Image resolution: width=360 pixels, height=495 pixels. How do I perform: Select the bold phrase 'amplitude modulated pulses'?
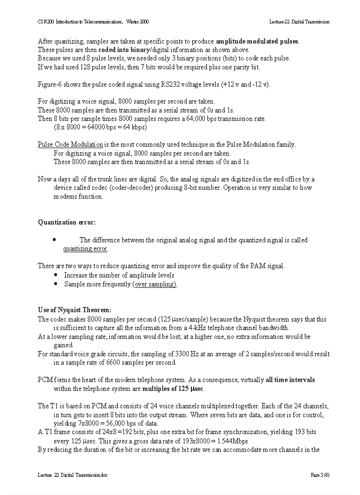257,41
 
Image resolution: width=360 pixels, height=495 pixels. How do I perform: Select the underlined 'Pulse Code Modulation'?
71,145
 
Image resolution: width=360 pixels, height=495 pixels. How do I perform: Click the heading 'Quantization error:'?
67,222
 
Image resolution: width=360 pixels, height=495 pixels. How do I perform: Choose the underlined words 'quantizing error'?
86,249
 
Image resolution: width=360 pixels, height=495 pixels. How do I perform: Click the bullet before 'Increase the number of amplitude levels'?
56,275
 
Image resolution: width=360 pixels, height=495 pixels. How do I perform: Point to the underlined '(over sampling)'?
154,284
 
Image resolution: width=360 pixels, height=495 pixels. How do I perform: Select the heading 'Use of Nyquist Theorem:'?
74,310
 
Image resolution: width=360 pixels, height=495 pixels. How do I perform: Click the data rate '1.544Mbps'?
233,441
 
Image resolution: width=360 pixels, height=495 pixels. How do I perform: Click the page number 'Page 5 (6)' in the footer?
320,475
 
